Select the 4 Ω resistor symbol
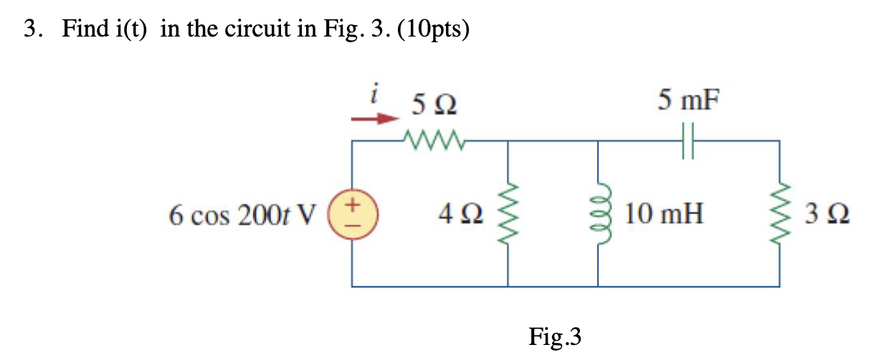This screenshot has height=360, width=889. pyautogui.click(x=508, y=214)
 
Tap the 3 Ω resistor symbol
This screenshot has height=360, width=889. pyautogui.click(x=780, y=213)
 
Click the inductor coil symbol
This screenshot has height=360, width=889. pyautogui.click(x=598, y=213)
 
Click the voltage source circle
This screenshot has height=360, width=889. pyautogui.click(x=352, y=213)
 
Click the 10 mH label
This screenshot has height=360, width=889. pyautogui.click(x=663, y=213)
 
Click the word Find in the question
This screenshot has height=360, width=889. pyautogui.click(x=85, y=30)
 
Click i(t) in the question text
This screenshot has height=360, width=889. pyautogui.click(x=134, y=30)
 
